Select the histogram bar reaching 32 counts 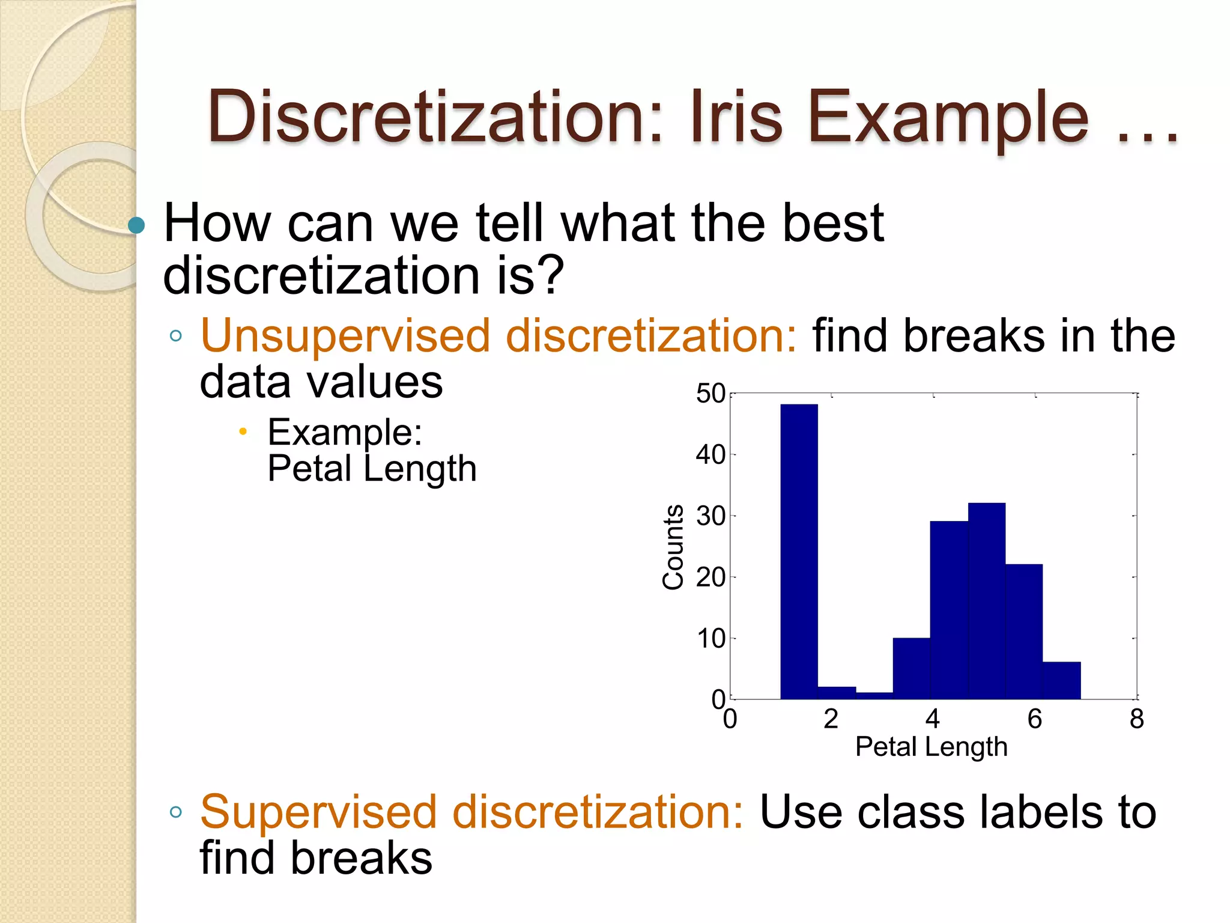[x=986, y=601]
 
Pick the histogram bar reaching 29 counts [x=949, y=610]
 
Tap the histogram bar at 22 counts [x=1024, y=631]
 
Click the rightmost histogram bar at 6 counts [x=1061, y=680]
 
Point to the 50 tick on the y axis [x=710, y=394]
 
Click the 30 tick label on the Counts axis [x=710, y=516]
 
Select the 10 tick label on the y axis [x=710, y=638]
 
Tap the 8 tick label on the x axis [x=1136, y=719]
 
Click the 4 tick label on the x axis [x=932, y=719]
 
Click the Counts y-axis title [x=673, y=547]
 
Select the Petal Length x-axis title [x=931, y=747]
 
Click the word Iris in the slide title [x=737, y=117]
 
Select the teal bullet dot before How [x=137, y=225]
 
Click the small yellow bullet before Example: [x=243, y=431]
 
